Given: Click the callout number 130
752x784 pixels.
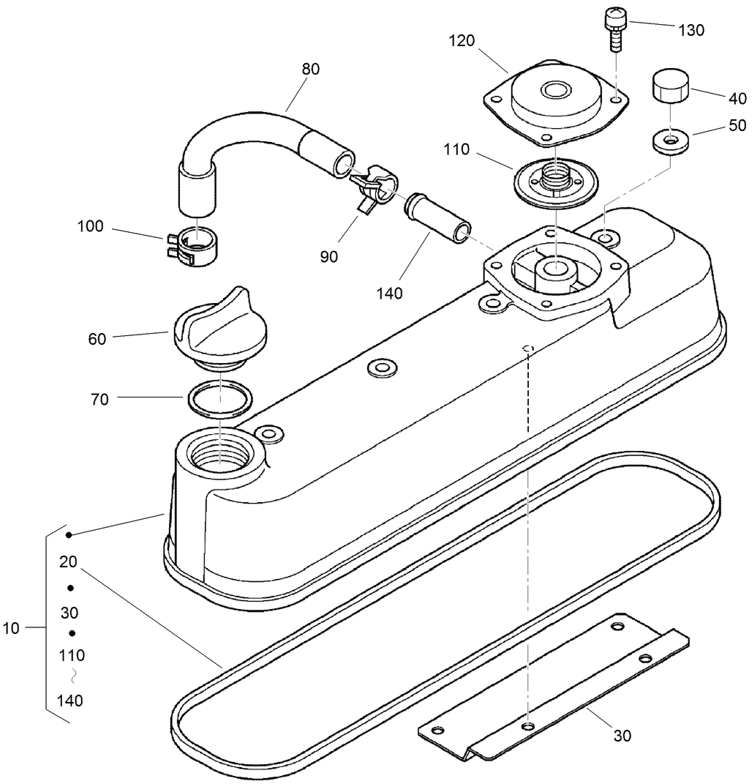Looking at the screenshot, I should (x=691, y=30).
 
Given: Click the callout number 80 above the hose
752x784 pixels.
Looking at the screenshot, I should (x=311, y=70).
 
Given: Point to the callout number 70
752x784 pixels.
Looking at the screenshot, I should (x=100, y=399).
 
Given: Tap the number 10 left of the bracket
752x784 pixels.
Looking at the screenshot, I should (x=11, y=628).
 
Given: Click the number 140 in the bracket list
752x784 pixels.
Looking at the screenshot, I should (x=70, y=701).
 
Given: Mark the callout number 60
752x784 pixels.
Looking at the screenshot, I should (x=97, y=339).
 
